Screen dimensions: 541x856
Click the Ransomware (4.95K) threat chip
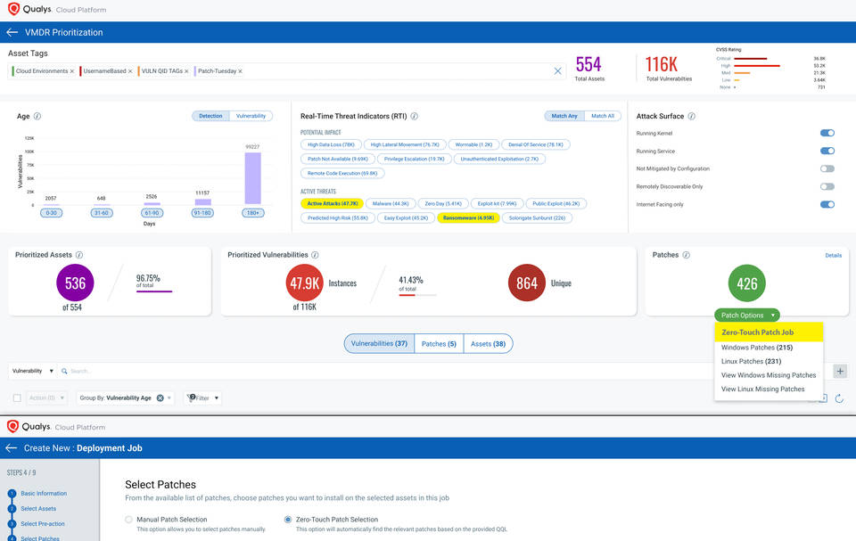(467, 217)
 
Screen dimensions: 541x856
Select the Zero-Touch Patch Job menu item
(757, 332)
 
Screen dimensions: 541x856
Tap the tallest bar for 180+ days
(252, 178)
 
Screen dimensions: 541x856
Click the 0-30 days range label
(51, 212)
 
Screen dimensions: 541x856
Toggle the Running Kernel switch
(827, 133)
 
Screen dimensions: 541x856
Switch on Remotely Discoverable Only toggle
(827, 186)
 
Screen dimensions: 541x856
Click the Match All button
(603, 116)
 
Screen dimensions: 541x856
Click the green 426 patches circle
(747, 283)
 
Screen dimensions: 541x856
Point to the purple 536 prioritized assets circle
(75, 283)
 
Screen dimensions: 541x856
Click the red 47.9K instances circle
(305, 283)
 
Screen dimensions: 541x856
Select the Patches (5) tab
(439, 343)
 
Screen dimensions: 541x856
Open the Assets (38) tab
(487, 343)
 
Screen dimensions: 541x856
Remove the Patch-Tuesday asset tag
(240, 71)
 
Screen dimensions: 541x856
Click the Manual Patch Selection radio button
(129, 519)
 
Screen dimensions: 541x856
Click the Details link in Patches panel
(833, 255)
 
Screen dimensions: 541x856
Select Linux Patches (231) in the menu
(751, 361)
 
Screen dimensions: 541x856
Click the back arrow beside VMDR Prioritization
(12, 32)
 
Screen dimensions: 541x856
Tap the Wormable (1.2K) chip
(473, 144)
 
